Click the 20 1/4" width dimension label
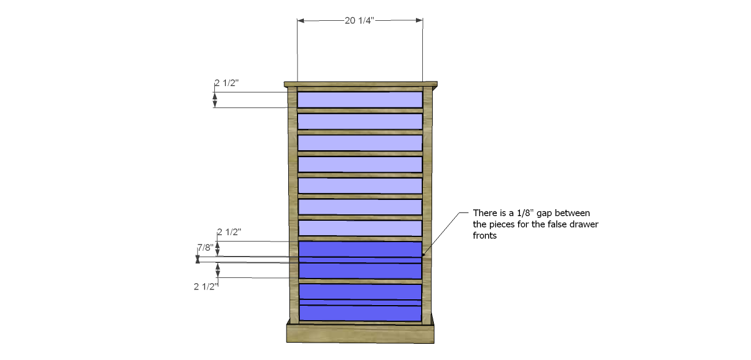pos(359,20)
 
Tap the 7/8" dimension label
pos(205,247)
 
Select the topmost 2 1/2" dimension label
pos(226,83)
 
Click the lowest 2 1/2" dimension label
pos(206,287)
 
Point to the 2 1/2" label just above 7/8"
pos(229,232)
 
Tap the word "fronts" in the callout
pos(485,236)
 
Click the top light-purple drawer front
pos(360,99)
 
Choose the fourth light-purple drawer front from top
pos(360,165)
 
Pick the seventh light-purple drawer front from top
pos(360,228)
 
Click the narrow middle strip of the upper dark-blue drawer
pos(360,260)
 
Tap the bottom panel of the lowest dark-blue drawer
pos(360,313)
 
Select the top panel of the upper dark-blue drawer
pos(360,249)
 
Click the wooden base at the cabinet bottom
pos(360,333)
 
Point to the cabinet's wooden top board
pos(360,84)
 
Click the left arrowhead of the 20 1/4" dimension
pos(301,20)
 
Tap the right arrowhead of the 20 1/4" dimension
pos(419,20)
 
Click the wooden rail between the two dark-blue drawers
pos(360,281)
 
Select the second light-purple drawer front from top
pos(360,121)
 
